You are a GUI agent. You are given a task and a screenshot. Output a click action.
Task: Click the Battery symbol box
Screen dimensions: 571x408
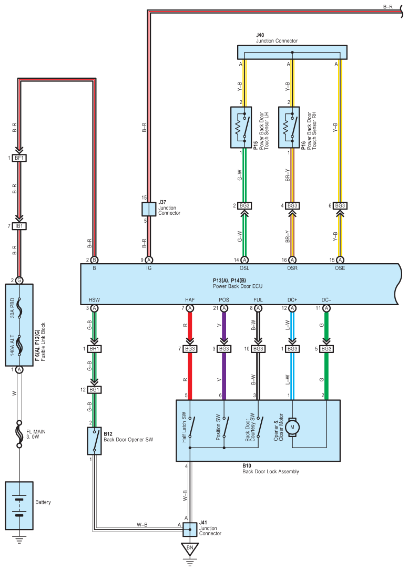click(x=19, y=505)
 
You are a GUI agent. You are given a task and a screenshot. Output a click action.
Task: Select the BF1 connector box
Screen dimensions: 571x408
click(x=19, y=158)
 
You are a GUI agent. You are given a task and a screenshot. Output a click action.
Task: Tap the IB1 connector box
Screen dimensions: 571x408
click(x=19, y=226)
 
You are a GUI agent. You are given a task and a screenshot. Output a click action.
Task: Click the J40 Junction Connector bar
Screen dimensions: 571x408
click(x=292, y=52)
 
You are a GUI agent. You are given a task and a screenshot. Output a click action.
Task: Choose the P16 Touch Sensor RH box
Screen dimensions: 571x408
click(x=289, y=127)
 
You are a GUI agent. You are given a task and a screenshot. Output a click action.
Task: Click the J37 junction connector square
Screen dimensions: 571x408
click(x=149, y=209)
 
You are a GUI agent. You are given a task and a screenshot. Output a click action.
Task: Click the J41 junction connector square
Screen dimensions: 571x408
click(x=190, y=529)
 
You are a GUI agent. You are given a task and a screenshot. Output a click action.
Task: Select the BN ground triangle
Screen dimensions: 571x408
click(x=190, y=549)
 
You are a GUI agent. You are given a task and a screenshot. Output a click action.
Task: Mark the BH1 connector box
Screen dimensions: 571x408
click(x=95, y=349)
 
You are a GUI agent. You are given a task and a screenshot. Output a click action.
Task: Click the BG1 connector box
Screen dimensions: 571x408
click(x=95, y=390)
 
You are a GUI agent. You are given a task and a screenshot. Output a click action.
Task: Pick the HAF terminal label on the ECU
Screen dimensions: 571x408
click(x=190, y=299)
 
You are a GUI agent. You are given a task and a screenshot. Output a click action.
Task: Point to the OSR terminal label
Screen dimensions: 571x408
click(x=292, y=268)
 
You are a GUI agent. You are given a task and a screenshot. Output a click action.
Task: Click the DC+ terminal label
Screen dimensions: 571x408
click(x=293, y=299)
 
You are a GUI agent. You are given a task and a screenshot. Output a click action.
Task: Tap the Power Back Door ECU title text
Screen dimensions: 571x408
click(x=238, y=287)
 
